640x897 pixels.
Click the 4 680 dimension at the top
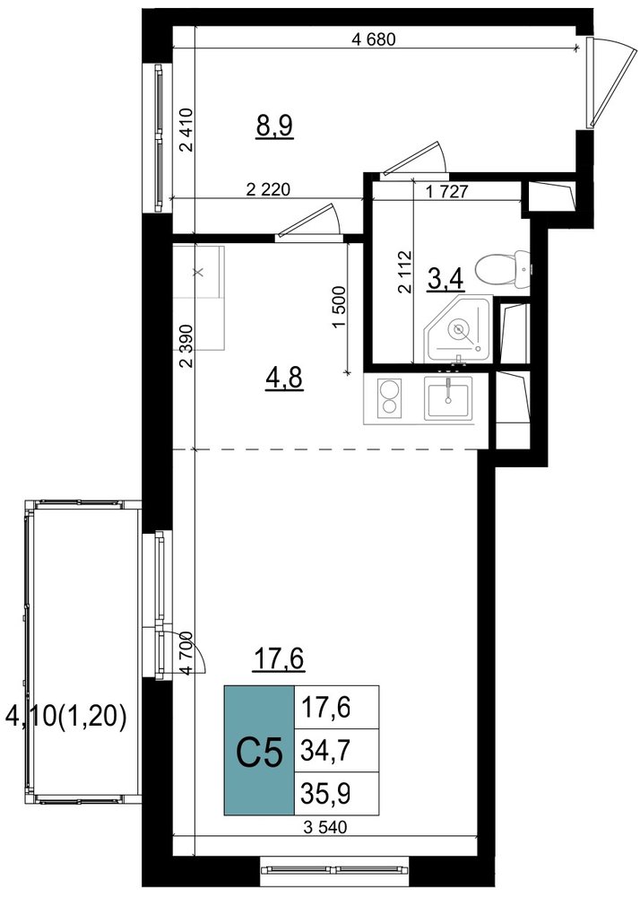tap(374, 39)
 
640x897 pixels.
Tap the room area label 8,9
tap(274, 126)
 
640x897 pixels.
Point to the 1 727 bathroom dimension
tap(447, 192)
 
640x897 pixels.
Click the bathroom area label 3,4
tap(445, 280)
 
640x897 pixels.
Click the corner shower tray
tap(458, 329)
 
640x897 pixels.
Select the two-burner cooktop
tap(390, 397)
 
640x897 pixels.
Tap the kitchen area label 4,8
tap(284, 379)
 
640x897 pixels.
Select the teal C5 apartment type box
tap(259, 750)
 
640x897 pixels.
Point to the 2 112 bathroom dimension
tap(405, 272)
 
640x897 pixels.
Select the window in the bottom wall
tap(335, 869)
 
